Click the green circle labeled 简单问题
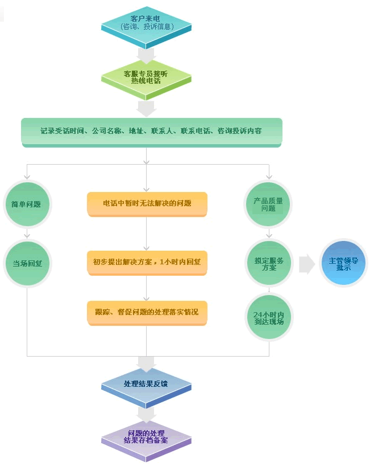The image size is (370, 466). (27, 204)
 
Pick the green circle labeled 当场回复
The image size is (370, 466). (27, 263)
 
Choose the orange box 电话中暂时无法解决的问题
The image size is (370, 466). (147, 204)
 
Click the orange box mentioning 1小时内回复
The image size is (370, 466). (147, 263)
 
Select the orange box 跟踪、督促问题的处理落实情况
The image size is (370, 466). (147, 313)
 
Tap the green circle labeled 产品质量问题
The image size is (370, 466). (268, 205)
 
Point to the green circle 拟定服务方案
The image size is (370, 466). (269, 263)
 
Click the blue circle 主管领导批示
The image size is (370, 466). (343, 263)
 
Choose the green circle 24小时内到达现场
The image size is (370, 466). (269, 317)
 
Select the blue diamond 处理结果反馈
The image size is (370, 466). (146, 387)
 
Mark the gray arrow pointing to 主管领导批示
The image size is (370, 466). (306, 264)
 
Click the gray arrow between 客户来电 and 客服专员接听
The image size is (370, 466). (146, 56)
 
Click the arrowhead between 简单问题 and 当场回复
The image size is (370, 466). (27, 236)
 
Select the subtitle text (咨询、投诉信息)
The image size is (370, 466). (147, 27)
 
